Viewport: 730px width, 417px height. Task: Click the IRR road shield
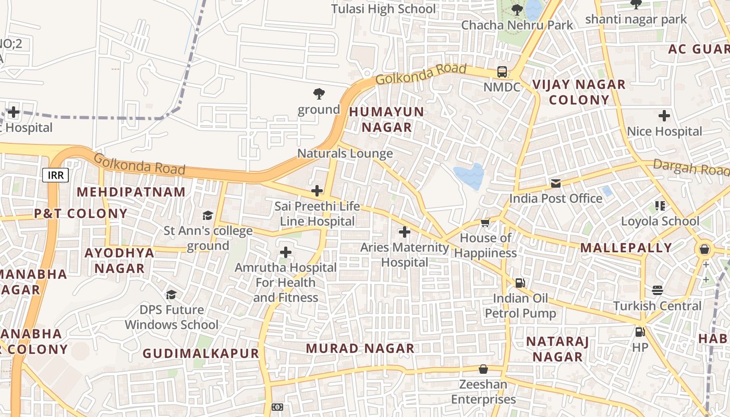[x=55, y=175]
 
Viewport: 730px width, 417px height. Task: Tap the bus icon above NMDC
[x=502, y=72]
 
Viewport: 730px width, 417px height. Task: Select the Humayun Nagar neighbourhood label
[x=386, y=119]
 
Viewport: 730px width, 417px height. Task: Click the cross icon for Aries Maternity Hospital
[x=404, y=232]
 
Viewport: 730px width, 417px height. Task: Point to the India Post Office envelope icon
[x=555, y=183]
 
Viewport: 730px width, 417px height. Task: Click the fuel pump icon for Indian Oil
[x=520, y=283]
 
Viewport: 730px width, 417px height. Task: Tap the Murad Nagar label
[x=360, y=348]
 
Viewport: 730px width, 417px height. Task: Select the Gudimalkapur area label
[x=201, y=353]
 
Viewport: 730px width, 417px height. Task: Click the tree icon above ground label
[x=319, y=94]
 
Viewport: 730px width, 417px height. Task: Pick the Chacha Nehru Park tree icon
[x=517, y=9]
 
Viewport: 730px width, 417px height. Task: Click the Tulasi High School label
[x=383, y=9]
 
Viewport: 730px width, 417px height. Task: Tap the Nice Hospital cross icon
[x=664, y=116]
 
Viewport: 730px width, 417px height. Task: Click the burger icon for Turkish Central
[x=657, y=290]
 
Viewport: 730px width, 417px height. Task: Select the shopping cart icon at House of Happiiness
[x=485, y=223]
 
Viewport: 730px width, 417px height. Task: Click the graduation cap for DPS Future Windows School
[x=171, y=295]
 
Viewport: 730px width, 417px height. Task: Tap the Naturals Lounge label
[x=345, y=153]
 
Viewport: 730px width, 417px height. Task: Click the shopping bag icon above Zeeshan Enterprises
[x=483, y=369]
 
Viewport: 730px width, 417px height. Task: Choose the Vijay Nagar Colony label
[x=578, y=92]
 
